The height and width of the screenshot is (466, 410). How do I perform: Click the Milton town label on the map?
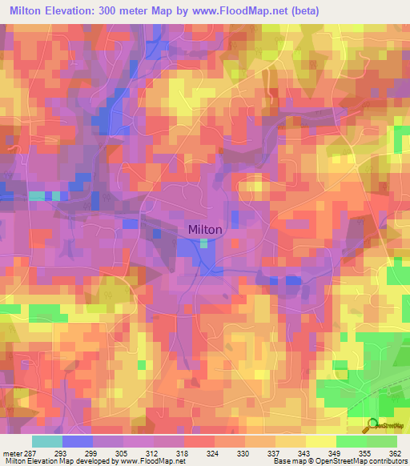tap(205, 229)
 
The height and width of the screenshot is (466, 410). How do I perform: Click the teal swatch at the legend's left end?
tap(46, 441)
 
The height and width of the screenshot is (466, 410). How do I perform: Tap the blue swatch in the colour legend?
tap(77, 441)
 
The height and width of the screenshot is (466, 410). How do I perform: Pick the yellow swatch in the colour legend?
tap(320, 441)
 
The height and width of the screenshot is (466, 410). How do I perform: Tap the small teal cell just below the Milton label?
tap(205, 243)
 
